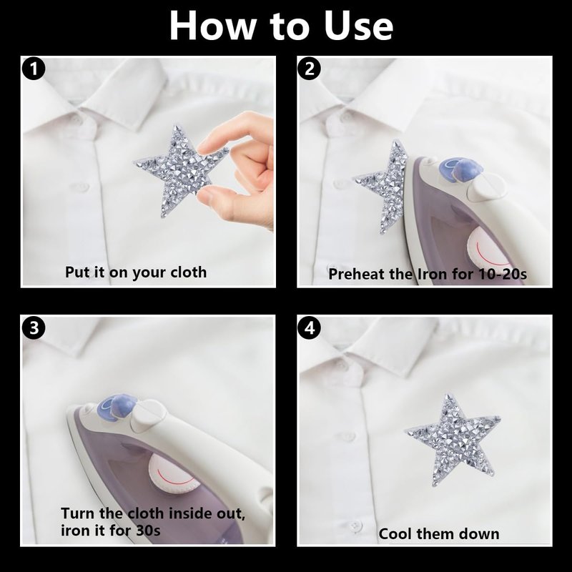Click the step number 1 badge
point(34,69)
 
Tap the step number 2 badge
point(310,69)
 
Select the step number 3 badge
point(34,327)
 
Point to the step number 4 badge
point(310,327)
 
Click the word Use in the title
point(359,26)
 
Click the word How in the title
point(213,26)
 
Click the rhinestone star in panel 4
point(453,439)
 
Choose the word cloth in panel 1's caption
point(188,272)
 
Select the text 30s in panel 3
point(148,531)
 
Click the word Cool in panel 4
point(395,534)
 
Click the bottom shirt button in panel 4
point(355,526)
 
